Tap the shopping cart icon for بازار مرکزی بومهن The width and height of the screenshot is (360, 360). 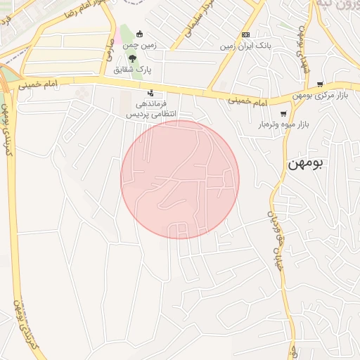tap(320, 84)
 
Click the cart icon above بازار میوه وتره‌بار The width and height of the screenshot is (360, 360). tap(283, 114)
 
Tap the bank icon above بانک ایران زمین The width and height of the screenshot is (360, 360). tap(245, 34)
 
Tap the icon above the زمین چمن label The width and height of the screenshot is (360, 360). tap(139, 34)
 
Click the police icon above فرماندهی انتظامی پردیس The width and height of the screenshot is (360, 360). tap(150, 93)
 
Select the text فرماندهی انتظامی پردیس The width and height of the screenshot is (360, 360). tap(153, 108)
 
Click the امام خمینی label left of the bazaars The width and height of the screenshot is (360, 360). tap(248, 103)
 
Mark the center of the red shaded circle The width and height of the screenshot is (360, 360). tap(180, 179)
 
